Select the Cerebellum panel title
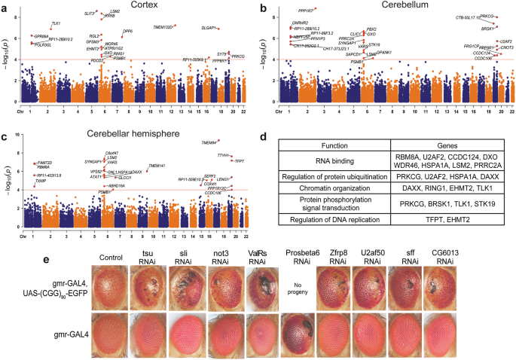coord(389,5)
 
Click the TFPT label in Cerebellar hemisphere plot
coord(240,161)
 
